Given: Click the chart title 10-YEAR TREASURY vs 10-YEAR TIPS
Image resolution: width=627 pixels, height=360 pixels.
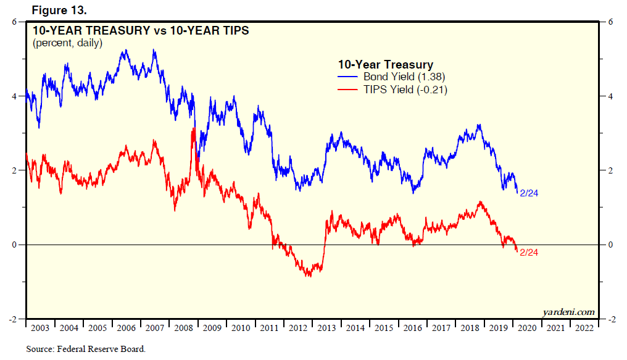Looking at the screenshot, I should (140, 30).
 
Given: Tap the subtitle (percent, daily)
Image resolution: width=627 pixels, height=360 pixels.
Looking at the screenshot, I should (67, 43).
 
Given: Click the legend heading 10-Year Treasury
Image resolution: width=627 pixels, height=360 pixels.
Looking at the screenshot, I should (385, 64).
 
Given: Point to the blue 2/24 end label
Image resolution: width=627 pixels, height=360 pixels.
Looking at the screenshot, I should (529, 193).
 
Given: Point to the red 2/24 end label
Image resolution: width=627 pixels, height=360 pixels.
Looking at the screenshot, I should (529, 252).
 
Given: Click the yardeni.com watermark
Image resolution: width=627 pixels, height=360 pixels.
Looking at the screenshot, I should (568, 312).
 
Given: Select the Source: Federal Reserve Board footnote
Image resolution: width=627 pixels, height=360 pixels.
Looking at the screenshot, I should (86, 350).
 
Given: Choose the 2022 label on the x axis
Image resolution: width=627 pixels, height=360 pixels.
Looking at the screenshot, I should (584, 329).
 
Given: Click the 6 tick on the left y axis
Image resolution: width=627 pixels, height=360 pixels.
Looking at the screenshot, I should (14, 22).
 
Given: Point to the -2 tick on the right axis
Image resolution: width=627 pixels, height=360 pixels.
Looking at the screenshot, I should (611, 320).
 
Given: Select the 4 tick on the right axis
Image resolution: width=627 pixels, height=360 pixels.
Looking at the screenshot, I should (611, 96).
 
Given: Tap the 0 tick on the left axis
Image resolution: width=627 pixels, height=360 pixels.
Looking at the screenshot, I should (14, 245).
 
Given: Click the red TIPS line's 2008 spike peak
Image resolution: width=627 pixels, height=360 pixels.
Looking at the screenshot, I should (194, 129).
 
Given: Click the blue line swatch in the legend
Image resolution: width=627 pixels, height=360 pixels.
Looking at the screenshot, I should (349, 77).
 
